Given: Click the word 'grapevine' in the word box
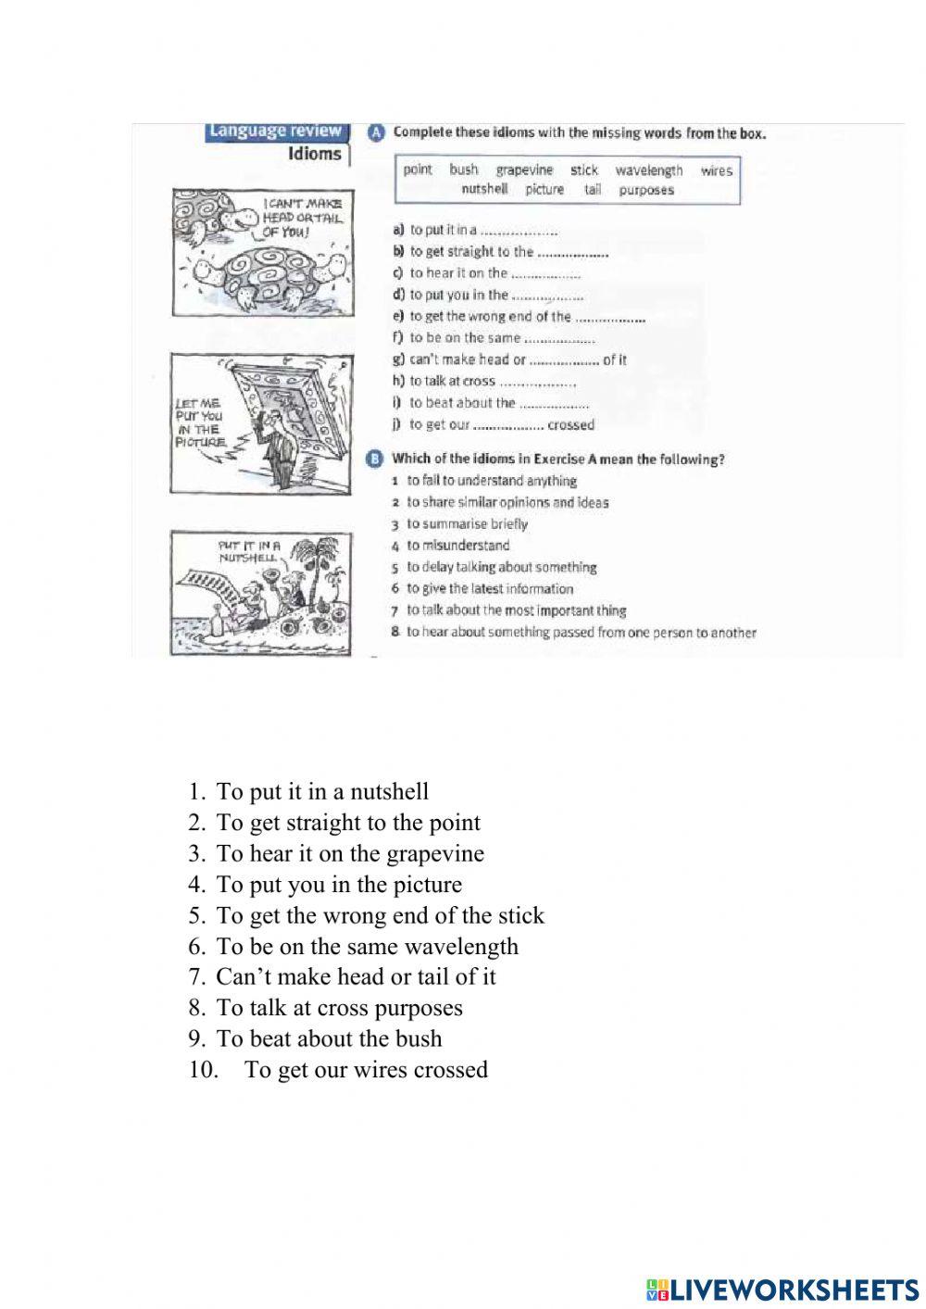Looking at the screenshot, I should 524,170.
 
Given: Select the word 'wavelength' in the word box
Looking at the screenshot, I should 648,170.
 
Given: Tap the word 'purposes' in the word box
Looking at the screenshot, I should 646,190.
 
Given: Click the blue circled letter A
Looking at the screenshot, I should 376,132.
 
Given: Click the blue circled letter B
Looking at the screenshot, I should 375,459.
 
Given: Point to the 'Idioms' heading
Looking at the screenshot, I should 315,154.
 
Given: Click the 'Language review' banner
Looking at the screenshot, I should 275,132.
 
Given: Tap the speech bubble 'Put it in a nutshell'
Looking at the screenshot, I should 248,552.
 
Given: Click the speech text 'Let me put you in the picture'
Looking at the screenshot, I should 199,422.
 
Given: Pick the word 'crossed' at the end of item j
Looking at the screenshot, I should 570,425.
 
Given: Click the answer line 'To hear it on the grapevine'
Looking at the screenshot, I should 350,853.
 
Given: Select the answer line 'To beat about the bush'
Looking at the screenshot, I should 329,1038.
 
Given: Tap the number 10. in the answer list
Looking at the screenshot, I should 203,1070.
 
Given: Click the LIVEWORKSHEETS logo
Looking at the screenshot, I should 782,1290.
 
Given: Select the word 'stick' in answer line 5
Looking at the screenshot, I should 521,915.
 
